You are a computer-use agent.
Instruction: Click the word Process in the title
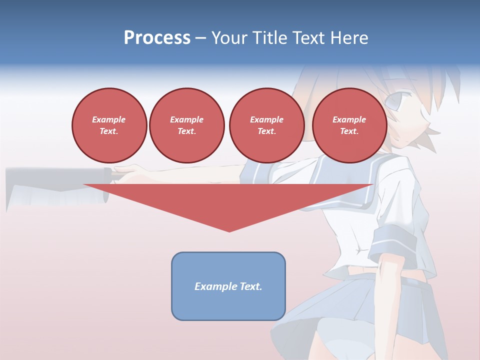pos(157,38)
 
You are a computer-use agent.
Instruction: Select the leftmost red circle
pos(109,125)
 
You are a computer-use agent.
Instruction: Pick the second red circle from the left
pos(186,125)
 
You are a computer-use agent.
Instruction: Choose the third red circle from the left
pos(266,125)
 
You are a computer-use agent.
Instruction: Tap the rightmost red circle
pos(349,125)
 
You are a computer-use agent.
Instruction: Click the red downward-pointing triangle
pos(228,200)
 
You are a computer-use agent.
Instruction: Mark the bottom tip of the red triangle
pos(229,230)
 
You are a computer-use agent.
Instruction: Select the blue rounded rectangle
pos(228,286)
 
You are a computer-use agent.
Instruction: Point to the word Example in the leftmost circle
pos(109,119)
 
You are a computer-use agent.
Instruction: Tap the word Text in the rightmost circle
pos(349,131)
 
